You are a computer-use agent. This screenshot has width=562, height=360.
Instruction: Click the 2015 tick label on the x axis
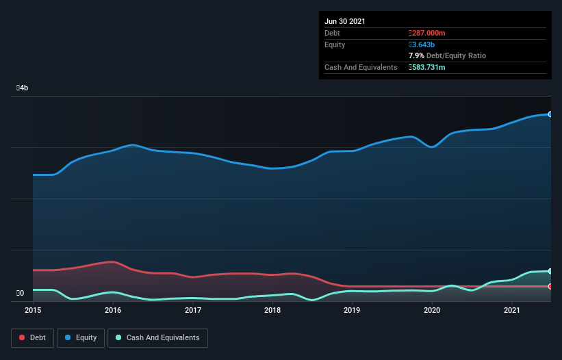point(33,311)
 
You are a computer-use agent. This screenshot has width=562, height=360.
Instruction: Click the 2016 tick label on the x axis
point(113,311)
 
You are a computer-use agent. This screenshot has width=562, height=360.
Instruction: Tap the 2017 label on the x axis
point(193,311)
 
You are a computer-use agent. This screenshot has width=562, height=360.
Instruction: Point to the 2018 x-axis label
point(272,311)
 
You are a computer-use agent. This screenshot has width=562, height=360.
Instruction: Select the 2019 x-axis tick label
point(352,311)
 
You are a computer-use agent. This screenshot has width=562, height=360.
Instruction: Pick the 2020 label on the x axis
point(432,311)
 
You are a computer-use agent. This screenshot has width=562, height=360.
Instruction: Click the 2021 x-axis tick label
point(512,311)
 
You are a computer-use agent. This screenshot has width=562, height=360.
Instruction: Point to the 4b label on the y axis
point(23,88)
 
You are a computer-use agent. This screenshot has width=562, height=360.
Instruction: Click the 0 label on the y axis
point(21,294)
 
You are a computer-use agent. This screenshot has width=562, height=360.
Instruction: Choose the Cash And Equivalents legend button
point(157,337)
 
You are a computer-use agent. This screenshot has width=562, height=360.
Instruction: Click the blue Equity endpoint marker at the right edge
point(550,114)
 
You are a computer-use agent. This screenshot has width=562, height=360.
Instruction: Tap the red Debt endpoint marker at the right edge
point(550,286)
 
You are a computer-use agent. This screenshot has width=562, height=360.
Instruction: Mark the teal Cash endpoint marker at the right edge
point(550,271)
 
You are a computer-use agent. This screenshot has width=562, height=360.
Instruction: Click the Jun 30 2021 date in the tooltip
point(345,21)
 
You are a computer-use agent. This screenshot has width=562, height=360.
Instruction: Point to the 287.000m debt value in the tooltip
point(427,33)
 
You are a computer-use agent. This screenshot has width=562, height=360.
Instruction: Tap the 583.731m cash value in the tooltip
point(427,67)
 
